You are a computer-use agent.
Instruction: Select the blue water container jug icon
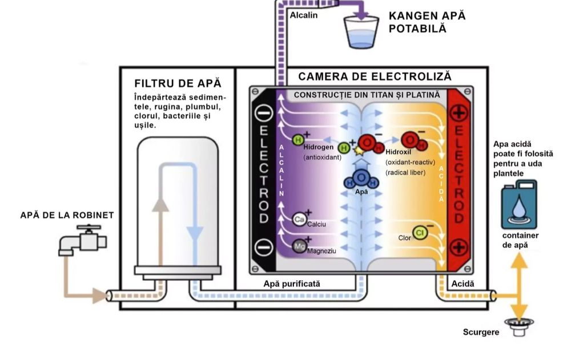[x=518, y=204]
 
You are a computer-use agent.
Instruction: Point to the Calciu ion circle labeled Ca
[x=299, y=219]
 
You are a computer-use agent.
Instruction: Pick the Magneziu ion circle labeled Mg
[x=299, y=246]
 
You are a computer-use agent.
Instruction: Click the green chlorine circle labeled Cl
[x=420, y=233]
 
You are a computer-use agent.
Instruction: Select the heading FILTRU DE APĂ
[x=177, y=84]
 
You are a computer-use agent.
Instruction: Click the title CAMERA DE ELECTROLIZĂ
[x=375, y=76]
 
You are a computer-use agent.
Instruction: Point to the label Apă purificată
[x=292, y=284]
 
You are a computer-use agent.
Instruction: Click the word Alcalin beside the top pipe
[x=303, y=15]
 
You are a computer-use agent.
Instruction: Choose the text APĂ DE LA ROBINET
[x=67, y=215]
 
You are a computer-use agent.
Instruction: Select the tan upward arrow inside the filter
[x=162, y=217]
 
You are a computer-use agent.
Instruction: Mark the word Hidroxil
[x=397, y=153]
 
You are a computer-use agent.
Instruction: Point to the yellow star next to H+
[x=359, y=151]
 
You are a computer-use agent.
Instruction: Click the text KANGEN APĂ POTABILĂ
[x=427, y=22]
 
